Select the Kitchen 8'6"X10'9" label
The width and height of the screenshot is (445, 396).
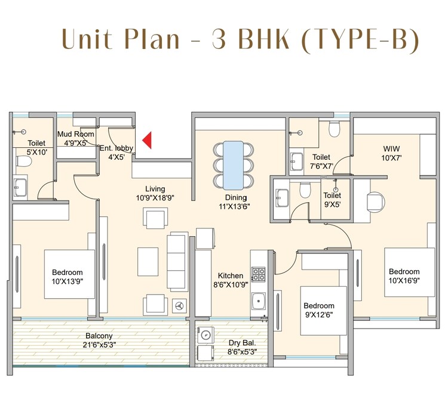[231, 280]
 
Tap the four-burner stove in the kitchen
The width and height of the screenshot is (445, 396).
[259, 274]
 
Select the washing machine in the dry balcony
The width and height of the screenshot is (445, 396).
[205, 335]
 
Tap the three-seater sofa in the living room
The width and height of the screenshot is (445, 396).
[176, 253]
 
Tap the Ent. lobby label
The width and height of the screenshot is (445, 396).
[116, 153]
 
